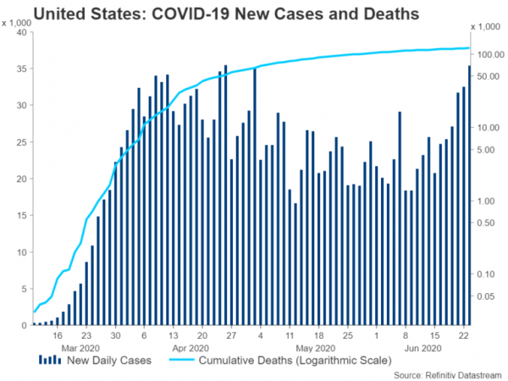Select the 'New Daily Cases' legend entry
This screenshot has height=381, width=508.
pos(117,361)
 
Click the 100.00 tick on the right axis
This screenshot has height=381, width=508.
pos(484,54)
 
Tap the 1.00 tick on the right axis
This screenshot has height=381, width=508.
pos(488,201)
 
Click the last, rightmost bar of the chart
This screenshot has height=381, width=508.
pos(470,196)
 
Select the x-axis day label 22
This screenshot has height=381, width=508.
pos(464,335)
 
